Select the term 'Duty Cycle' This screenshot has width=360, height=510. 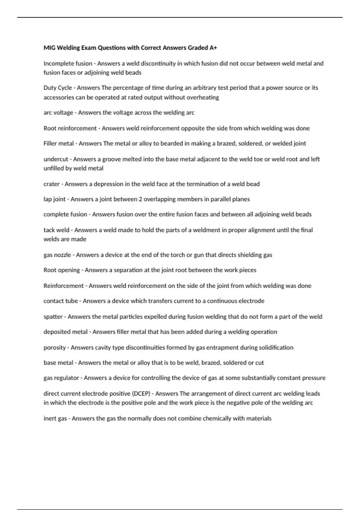pos(58,88)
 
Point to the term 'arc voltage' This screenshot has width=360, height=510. pos(58,113)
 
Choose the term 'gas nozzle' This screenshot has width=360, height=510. pos(57,255)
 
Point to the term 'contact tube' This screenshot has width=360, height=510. pos(61,301)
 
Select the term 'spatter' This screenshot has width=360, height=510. pos(53,317)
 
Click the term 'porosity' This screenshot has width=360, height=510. pos(55,348)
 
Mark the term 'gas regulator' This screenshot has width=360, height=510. pos(61,378)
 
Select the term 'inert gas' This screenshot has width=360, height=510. pos(55,418)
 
